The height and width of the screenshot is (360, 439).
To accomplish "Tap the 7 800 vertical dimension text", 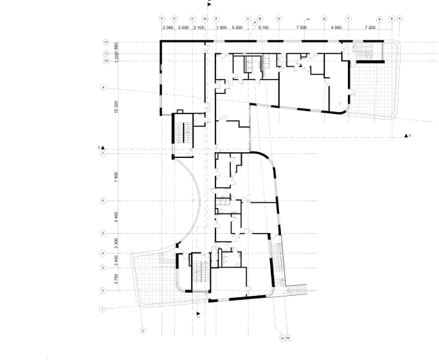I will coord(117,176).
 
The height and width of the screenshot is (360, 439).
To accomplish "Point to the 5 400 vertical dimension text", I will coord(117,217).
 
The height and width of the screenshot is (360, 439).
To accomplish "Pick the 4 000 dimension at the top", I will coord(336,28).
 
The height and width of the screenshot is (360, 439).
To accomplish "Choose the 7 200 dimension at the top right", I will coord(370,28).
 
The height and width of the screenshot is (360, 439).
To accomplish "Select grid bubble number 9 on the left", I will coord(103,87).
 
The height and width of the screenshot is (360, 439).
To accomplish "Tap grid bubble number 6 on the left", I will coord(103,201).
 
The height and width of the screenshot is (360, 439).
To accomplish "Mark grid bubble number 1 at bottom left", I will coord(103,309).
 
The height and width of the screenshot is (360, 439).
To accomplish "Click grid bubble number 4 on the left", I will coord(103,253).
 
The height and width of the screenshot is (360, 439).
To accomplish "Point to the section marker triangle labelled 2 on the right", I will coord(407,136).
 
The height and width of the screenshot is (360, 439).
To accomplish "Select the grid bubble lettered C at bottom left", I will coord(143,331).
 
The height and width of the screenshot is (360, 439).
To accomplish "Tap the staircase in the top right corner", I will coord(367,51).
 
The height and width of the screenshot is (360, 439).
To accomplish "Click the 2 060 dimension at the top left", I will coord(168,28).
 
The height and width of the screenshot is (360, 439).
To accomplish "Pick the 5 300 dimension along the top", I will coord(236,28).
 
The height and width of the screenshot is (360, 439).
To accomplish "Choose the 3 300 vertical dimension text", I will coord(117,242).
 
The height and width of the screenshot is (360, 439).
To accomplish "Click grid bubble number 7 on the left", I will coord(103,154).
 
